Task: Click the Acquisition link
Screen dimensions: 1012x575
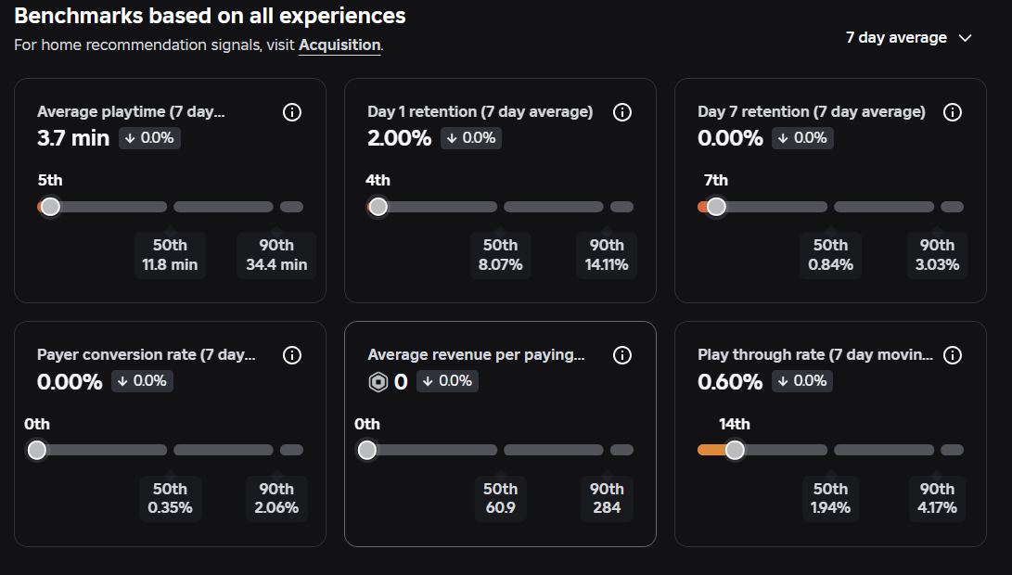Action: pos(339,45)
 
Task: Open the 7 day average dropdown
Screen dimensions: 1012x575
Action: pos(909,38)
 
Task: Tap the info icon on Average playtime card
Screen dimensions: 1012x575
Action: pos(291,112)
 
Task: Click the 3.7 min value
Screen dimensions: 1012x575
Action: pos(73,138)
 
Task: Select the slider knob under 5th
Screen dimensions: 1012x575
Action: pos(50,207)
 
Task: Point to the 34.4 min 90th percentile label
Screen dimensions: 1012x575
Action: pos(276,255)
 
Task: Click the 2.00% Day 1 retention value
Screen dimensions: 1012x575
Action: pos(399,138)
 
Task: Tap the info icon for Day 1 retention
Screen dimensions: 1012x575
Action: pos(622,112)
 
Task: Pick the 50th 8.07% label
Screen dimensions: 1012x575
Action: pos(500,255)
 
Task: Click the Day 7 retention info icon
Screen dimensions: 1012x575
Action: pos(953,112)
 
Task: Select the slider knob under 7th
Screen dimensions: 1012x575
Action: pos(716,207)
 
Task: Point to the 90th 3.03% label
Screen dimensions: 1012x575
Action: pos(937,255)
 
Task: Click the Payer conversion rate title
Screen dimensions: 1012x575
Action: pos(146,355)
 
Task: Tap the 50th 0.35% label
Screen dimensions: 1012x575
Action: pos(170,498)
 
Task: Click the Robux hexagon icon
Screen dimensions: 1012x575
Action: pos(378,382)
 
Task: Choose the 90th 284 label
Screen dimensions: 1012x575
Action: pos(607,498)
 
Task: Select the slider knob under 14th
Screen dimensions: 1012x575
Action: pos(735,450)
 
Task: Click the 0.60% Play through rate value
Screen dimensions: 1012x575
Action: pos(730,382)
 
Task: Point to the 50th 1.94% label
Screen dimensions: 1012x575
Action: pos(830,498)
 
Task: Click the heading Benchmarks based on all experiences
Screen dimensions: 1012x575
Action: pos(210,16)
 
